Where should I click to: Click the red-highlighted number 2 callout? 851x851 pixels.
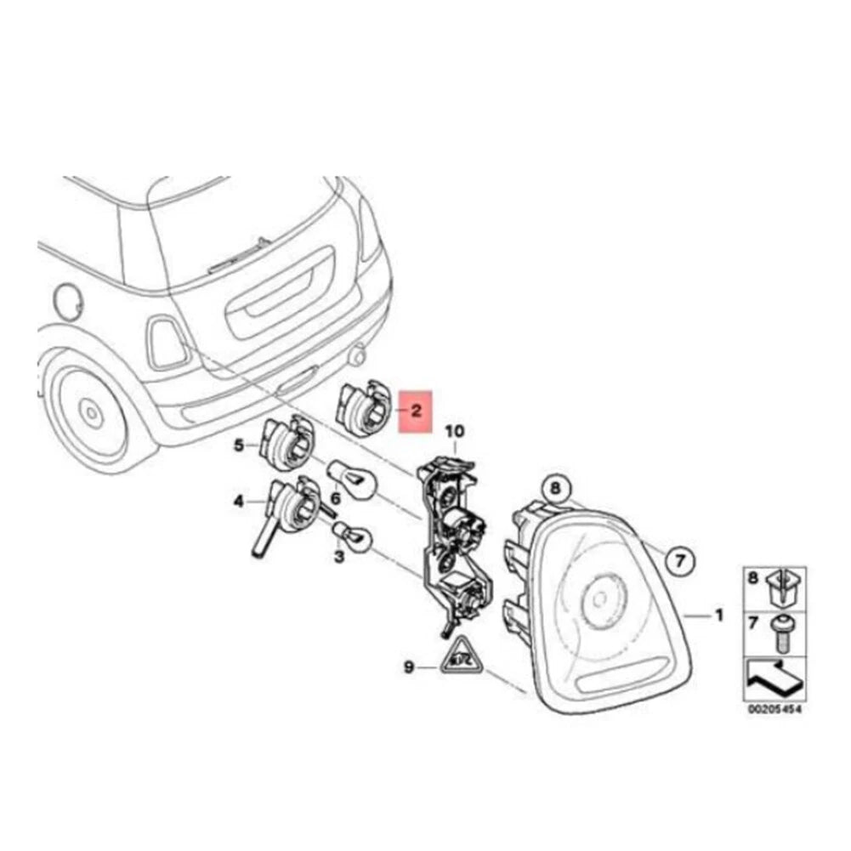coord(416,411)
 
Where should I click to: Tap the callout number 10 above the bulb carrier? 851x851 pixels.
coord(455,432)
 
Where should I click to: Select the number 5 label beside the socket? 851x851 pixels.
coord(239,445)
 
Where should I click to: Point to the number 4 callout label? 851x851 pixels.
coord(238,502)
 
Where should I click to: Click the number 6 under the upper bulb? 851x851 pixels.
coord(336,497)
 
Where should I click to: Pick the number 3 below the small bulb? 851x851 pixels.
coord(339,557)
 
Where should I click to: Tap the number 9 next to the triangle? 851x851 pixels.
coord(409,667)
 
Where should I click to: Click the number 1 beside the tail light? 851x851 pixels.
coord(718,616)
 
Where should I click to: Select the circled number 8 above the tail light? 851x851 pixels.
coord(555,488)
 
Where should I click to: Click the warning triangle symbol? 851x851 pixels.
coord(461,655)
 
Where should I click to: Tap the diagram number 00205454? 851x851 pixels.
coord(774,709)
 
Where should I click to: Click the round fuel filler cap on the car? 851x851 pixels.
coord(69,300)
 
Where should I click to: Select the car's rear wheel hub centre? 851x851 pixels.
coord(90,413)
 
